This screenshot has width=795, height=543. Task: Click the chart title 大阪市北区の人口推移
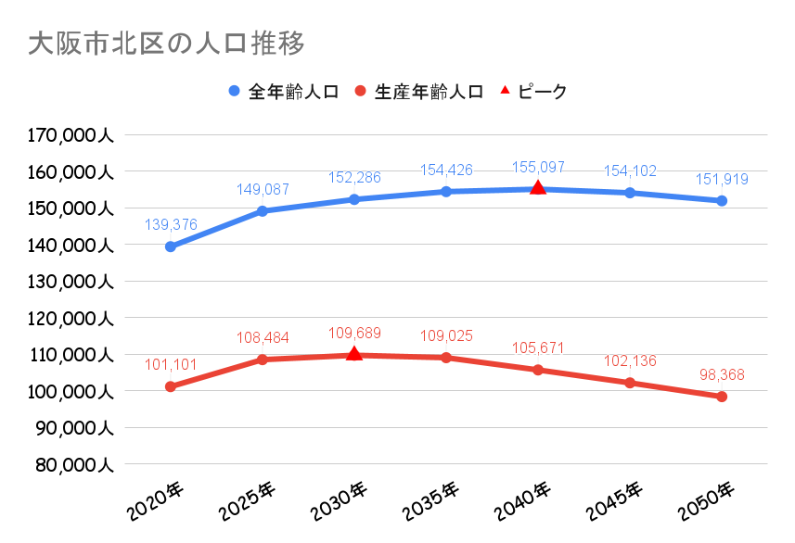pos(166,43)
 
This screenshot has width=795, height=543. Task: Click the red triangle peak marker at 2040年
pos(537,188)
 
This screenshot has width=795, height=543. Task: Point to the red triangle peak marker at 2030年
pos(353,354)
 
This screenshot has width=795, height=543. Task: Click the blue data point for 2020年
pos(171,246)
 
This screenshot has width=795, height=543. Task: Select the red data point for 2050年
pos(722,397)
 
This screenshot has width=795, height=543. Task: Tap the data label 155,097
pos(538,168)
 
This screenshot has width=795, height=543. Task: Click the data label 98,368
pos(721,375)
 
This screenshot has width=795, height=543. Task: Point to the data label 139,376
pos(171,224)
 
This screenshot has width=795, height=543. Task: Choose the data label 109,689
pos(353,334)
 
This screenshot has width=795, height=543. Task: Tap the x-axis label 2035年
pos(431,500)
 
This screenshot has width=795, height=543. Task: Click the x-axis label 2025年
pos(248,500)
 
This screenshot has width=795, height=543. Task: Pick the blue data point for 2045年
pos(630,193)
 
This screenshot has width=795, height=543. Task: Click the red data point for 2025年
pos(263,360)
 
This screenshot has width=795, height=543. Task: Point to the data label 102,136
pos(630,361)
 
